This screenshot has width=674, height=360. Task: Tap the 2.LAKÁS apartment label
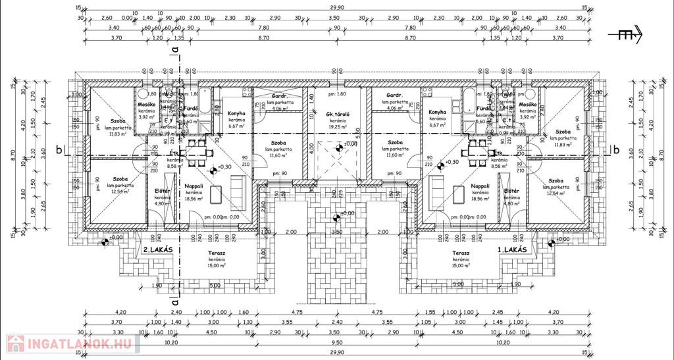(158, 250)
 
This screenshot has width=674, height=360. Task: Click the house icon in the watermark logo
(14, 344)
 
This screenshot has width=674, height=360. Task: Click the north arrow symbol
(628, 37)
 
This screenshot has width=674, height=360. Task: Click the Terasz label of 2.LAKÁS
(212, 253)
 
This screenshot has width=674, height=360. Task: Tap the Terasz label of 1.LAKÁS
(461, 253)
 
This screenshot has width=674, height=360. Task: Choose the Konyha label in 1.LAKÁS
(437, 113)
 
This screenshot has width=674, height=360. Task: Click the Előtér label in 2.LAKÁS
(162, 191)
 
